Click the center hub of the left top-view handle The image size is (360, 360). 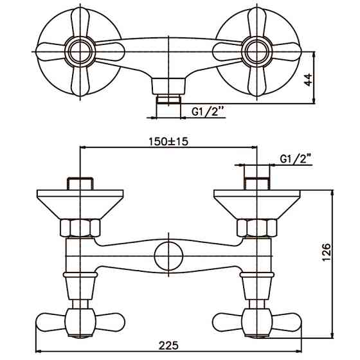pyautogui.click(x=79, y=50)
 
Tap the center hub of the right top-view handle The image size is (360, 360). pyautogui.click(x=256, y=50)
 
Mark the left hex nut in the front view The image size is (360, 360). pyautogui.click(x=79, y=228)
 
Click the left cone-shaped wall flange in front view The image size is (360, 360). pyautogui.click(x=79, y=203)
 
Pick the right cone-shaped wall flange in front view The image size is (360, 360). pyautogui.click(x=256, y=203)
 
